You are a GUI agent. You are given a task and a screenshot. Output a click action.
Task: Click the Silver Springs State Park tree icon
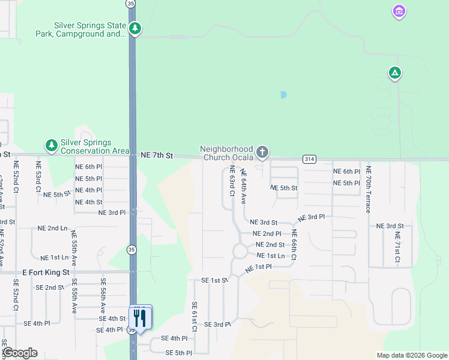point(136,28)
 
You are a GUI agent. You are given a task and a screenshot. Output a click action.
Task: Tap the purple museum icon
point(399,11)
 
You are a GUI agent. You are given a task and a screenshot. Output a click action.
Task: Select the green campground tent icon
point(394,73)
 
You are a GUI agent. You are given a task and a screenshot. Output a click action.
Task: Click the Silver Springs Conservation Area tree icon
point(52,145)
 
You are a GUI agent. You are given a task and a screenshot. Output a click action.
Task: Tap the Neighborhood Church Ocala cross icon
point(262,152)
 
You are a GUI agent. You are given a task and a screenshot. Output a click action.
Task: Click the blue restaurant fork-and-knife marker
point(140,318)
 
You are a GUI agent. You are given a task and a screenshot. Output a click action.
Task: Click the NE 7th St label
point(157,155)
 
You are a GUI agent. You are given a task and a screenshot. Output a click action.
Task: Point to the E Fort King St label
point(47,272)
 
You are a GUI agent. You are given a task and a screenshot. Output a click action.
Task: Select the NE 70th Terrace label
point(369,190)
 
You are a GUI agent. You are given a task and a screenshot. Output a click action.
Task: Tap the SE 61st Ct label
point(194,317)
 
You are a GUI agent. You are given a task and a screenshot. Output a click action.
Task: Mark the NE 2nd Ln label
point(53,228)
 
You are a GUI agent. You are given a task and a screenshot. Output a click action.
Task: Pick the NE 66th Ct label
point(294,244)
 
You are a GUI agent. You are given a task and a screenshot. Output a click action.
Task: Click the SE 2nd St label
point(50,287)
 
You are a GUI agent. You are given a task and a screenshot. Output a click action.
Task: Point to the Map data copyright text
point(411,355)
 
